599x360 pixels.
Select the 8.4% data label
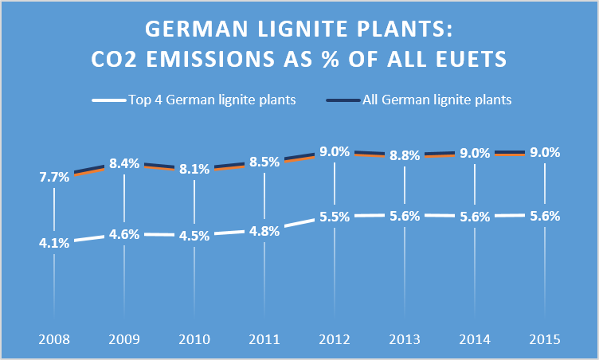point(124,163)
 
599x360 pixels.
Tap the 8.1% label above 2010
point(194,169)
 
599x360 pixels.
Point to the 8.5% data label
point(264,162)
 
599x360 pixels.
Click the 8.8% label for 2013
point(405,156)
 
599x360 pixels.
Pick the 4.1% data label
point(53,243)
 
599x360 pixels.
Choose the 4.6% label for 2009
point(124,236)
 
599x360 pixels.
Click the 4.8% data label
point(264,233)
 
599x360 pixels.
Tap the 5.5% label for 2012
point(335,216)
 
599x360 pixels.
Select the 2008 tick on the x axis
point(53,339)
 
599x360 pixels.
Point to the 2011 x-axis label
point(264,339)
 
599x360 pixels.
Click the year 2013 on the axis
point(405,339)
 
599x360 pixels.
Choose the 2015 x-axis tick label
point(545,339)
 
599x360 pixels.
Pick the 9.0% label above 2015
point(545,152)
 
